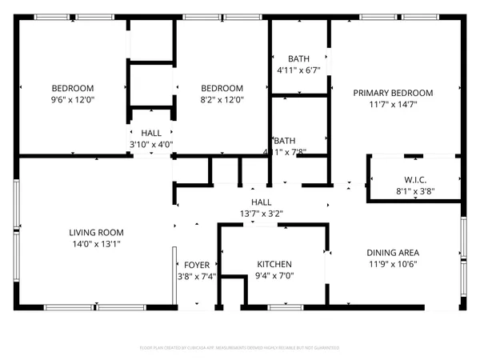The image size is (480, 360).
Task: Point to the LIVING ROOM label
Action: pos(96,232)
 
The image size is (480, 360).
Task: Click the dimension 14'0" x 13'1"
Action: pos(96,244)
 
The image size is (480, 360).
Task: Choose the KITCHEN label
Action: pos(274,264)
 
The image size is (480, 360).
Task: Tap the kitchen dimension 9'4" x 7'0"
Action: pos(274,276)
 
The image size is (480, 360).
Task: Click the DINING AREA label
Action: pos(393,252)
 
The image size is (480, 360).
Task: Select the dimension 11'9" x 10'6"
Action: pos(393,264)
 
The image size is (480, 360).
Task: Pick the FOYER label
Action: pos(197,265)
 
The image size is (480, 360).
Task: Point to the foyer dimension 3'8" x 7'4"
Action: pos(197,277)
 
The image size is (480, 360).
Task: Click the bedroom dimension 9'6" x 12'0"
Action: pos(73,100)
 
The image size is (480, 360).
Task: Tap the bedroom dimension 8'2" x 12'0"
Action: pos(222,100)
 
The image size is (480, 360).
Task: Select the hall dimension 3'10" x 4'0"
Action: pos(152,145)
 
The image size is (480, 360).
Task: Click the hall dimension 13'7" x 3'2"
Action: pos(261,214)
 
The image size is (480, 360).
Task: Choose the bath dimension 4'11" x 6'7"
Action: pos(298,70)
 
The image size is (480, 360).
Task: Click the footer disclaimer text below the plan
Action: pos(240,348)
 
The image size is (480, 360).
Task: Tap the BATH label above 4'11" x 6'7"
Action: pos(298,58)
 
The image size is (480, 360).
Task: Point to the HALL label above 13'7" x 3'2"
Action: pos(261,202)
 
